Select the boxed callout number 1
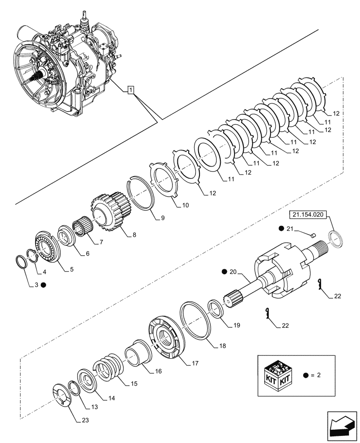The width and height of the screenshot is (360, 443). tap(130, 90)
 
